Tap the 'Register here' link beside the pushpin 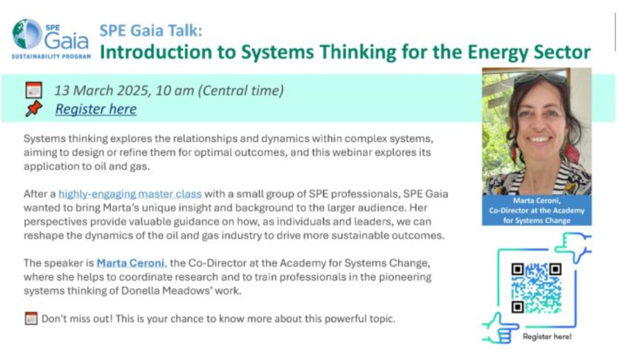click(x=95, y=109)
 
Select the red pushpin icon click(x=34, y=108)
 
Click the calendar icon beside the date click(x=34, y=90)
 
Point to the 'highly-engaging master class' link click(x=130, y=194)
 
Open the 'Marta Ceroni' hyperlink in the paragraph click(x=132, y=263)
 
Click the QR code click(x=536, y=288)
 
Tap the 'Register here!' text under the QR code click(x=547, y=336)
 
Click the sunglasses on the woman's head click(x=540, y=78)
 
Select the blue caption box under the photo click(x=537, y=210)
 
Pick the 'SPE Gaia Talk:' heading click(x=150, y=30)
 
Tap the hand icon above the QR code click(x=573, y=246)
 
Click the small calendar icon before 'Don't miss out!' click(x=31, y=318)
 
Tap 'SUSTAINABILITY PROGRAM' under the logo click(x=51, y=56)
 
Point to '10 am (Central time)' click(x=219, y=90)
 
